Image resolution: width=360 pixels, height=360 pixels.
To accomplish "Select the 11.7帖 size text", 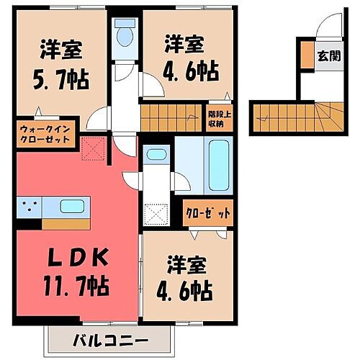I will tap(79, 287).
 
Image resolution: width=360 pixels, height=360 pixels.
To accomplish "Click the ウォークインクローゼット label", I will tap(44, 134).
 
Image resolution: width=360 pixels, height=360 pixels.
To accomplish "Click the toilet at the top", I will tap(126, 35).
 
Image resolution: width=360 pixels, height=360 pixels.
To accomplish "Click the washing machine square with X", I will tap(156, 215).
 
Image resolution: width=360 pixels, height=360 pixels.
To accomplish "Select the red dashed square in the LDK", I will tap(93, 149).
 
